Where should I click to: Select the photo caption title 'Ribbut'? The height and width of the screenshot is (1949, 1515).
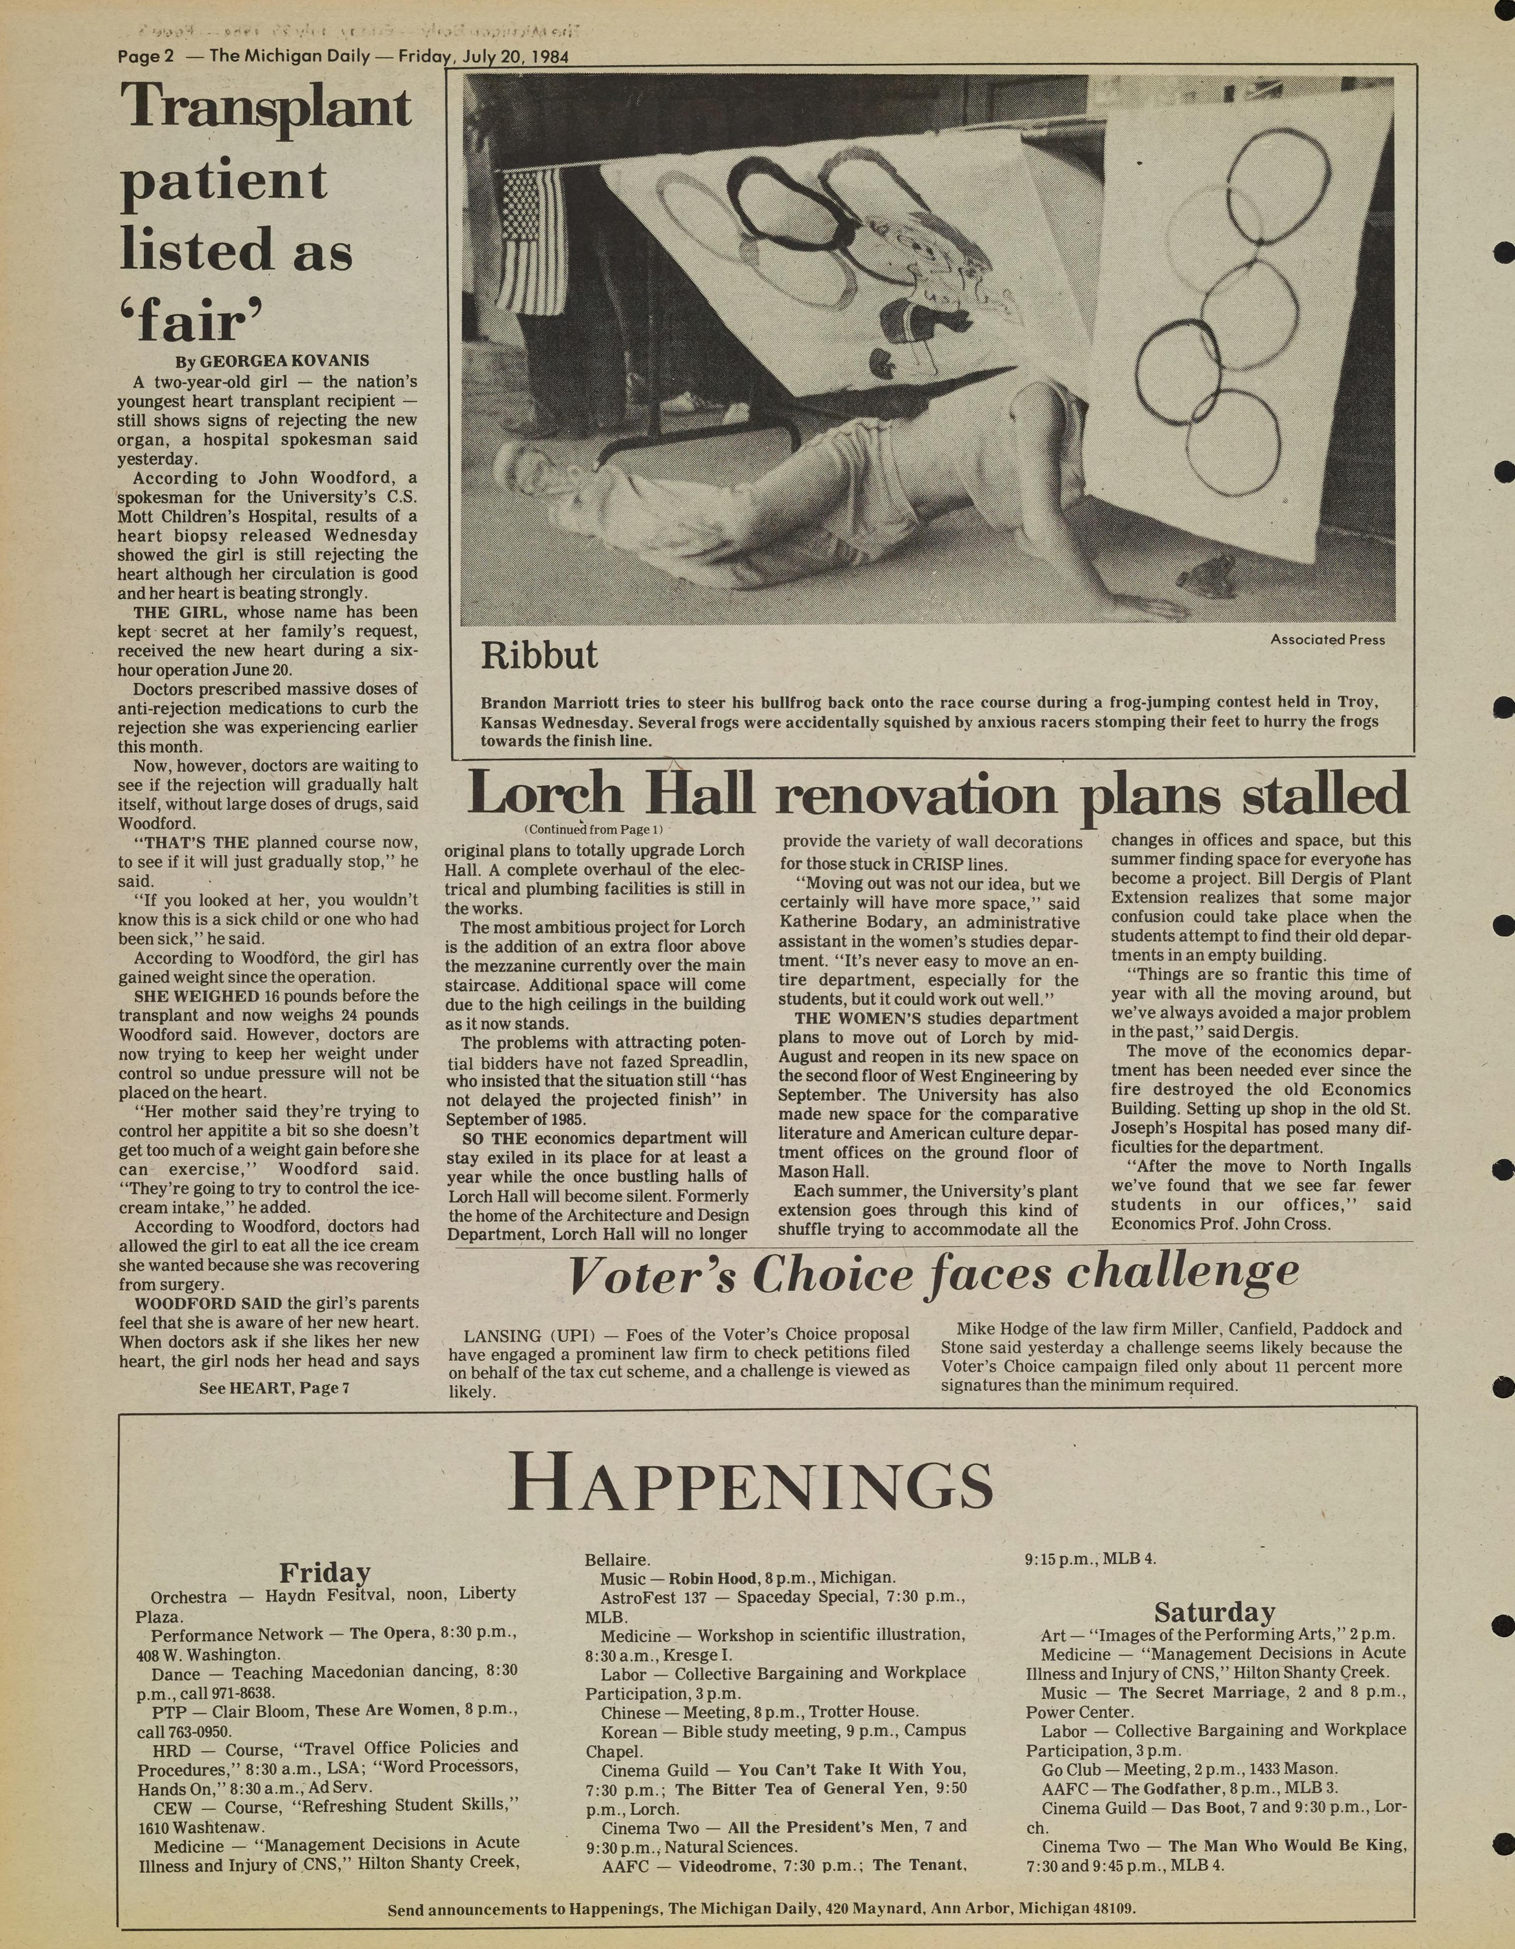click(x=538, y=656)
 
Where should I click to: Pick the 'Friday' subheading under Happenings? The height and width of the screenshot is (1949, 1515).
click(x=325, y=1572)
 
